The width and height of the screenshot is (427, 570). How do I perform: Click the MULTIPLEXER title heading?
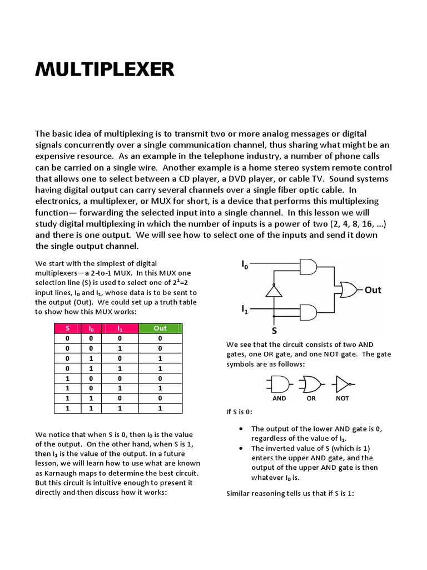pos(105,70)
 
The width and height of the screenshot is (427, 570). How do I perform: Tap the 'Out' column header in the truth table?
pos(160,328)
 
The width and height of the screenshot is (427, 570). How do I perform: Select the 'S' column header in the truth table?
pos(67,328)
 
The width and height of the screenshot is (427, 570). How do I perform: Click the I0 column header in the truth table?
pos(92,328)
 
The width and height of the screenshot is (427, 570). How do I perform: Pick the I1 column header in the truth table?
pos(118,328)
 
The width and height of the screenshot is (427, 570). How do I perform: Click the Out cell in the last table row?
pos(160,408)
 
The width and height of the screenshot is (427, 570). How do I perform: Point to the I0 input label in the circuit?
pos(245,265)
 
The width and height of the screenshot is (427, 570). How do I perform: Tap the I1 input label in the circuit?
pos(245,308)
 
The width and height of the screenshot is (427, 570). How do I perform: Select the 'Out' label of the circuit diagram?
pos(373,289)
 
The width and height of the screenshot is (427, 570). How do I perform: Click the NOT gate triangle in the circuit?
pos(274,290)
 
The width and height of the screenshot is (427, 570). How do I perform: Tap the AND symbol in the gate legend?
pos(279,384)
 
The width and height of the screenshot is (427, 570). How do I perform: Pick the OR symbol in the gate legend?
pos(311,384)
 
